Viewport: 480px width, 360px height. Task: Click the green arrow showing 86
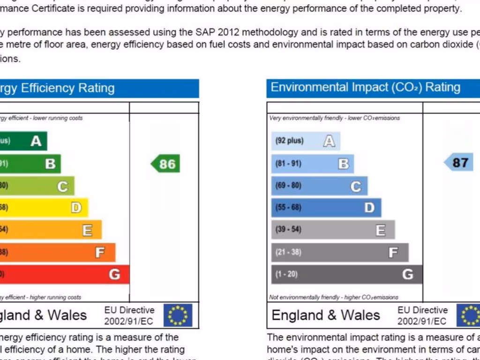(x=165, y=164)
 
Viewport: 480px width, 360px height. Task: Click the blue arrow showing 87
(x=458, y=163)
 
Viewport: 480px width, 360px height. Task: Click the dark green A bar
(x=23, y=141)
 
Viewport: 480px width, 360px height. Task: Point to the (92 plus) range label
(x=289, y=141)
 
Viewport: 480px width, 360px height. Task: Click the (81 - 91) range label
(x=288, y=164)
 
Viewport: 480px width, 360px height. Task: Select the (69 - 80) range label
(x=288, y=186)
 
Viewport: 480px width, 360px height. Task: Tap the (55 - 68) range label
(x=288, y=208)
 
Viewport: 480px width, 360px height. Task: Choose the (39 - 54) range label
(x=288, y=230)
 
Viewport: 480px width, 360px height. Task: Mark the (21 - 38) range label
(x=288, y=252)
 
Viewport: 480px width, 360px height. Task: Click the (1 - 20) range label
(x=286, y=274)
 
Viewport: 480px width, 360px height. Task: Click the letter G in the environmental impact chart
(x=408, y=274)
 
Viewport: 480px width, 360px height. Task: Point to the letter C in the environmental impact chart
(x=356, y=187)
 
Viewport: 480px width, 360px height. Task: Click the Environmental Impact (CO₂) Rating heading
(x=366, y=88)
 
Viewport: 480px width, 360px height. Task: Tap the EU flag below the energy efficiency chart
(x=178, y=315)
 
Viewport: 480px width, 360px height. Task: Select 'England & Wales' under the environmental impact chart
(x=326, y=315)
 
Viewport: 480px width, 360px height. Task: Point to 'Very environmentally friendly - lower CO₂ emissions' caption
(x=335, y=118)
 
